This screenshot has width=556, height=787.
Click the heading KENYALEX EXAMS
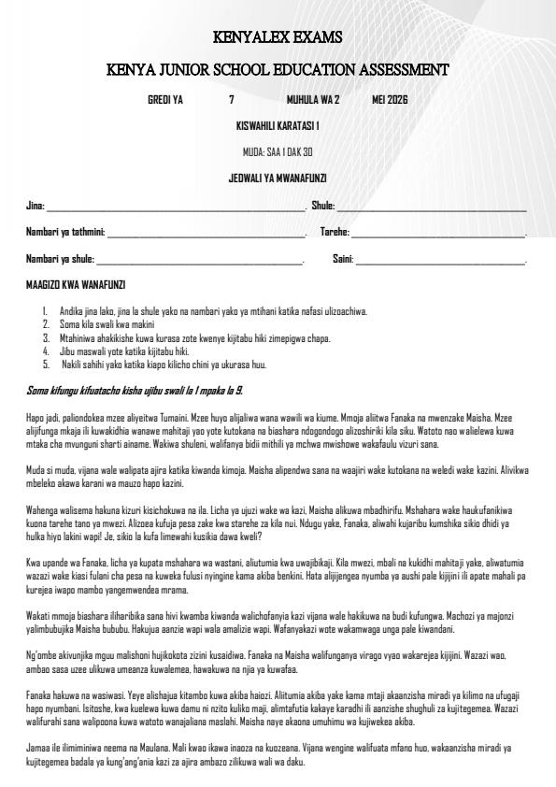click(x=278, y=38)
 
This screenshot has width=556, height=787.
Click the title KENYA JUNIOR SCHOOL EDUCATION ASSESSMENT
click(x=278, y=69)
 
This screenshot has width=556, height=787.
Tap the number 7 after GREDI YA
click(x=232, y=99)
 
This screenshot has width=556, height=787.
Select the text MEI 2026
click(x=390, y=99)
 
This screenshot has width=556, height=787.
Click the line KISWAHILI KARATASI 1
click(x=278, y=125)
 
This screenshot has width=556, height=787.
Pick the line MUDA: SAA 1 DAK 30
click(x=278, y=151)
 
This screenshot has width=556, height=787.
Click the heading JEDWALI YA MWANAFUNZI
click(x=278, y=178)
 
